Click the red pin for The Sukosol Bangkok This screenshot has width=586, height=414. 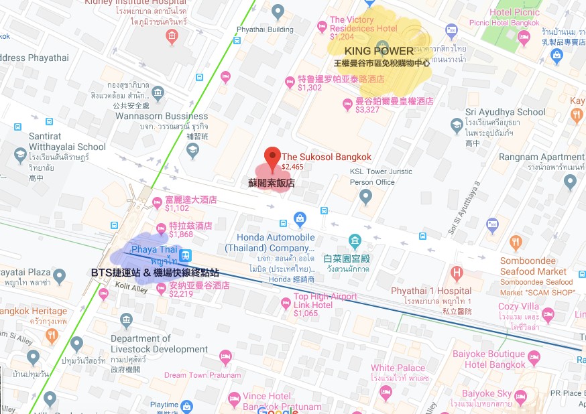pos(272,157)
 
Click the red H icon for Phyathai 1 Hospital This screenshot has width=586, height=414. pos(457,273)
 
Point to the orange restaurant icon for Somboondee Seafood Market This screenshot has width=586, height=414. pos(516,243)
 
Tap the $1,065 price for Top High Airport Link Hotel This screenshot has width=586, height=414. pos(305,314)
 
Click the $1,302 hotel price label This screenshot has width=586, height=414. pos(310,87)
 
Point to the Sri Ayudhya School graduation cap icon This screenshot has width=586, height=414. pos(456,125)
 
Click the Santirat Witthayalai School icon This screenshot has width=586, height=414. pos(21,155)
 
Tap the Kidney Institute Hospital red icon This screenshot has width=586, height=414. pos(172,36)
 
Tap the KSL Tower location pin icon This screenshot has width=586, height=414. pos(365,197)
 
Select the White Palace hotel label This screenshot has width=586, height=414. pos(398,368)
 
